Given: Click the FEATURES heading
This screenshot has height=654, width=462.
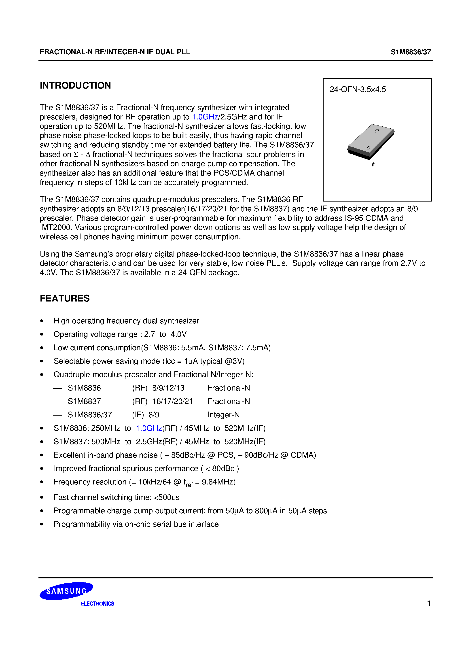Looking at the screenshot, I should tap(65, 298).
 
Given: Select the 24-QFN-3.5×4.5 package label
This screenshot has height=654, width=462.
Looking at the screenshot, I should tap(358, 89).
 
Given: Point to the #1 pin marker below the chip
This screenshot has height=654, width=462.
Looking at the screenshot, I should tap(374, 164).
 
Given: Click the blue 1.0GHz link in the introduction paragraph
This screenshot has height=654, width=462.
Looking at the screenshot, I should tap(205, 117).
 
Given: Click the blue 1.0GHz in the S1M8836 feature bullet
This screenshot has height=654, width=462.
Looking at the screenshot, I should tap(149, 428).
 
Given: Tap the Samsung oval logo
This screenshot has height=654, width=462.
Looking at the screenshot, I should tap(66, 591).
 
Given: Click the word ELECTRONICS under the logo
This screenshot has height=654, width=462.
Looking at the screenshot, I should tap(97, 604).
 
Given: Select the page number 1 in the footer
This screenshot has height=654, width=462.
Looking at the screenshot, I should tap(429, 603).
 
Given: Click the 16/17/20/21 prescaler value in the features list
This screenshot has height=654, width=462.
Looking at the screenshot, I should tap(172, 401).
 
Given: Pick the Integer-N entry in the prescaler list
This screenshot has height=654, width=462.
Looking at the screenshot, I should tap(224, 415).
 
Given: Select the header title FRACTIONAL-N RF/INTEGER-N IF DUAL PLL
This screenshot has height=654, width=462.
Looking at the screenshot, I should tap(115, 52).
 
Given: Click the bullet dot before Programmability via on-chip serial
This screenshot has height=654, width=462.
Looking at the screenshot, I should tap(42, 524).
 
